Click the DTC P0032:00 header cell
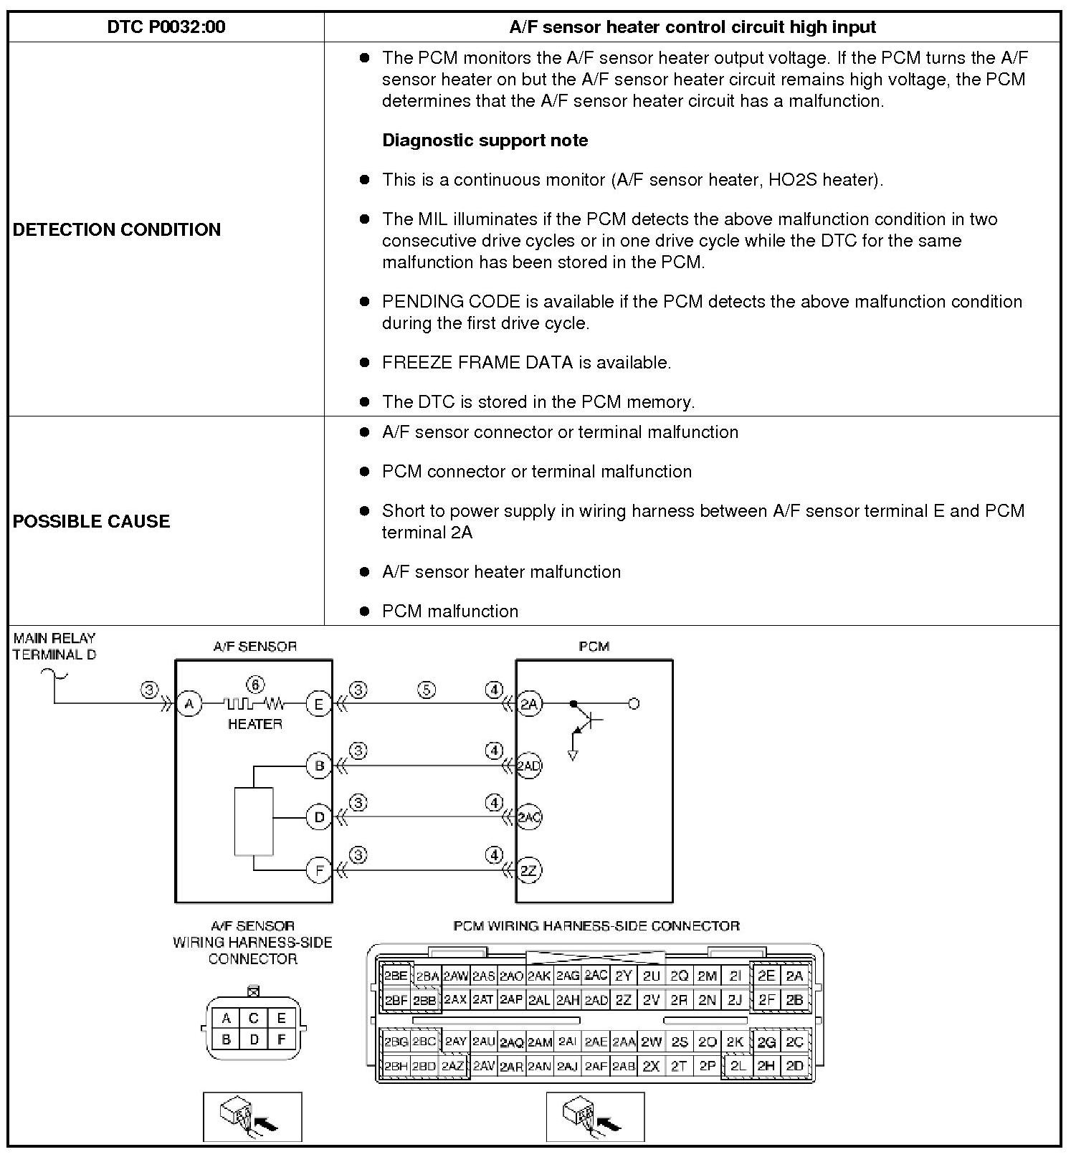pyautogui.click(x=166, y=27)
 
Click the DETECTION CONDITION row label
pyautogui.click(x=117, y=229)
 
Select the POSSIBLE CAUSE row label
pyautogui.click(x=91, y=521)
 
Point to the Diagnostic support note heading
pyautogui.click(x=485, y=141)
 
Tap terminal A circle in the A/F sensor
pyautogui.click(x=189, y=704)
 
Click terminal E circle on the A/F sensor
pyautogui.click(x=318, y=704)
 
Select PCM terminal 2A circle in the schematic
pyautogui.click(x=528, y=704)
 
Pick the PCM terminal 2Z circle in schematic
pyautogui.click(x=528, y=870)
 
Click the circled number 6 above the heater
pyautogui.click(x=254, y=684)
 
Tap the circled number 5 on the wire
pyautogui.click(x=427, y=690)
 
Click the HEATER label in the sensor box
pyautogui.click(x=254, y=724)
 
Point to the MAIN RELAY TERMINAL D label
pyautogui.click(x=54, y=646)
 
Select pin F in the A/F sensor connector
pyautogui.click(x=281, y=1039)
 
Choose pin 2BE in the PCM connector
pyautogui.click(x=396, y=976)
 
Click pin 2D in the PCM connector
pyautogui.click(x=794, y=1066)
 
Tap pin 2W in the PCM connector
pyautogui.click(x=651, y=1042)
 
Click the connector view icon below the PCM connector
pyautogui.click(x=595, y=1117)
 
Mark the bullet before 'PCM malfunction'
pyautogui.click(x=365, y=611)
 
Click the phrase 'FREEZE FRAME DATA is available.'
pyautogui.click(x=526, y=363)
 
